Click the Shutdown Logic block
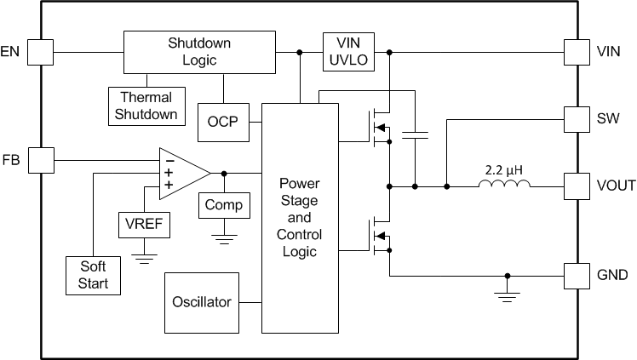(199, 52)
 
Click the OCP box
(223, 123)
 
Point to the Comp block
(224, 205)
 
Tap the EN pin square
(39, 52)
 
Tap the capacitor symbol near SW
(415, 133)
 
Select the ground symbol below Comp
(224, 237)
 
